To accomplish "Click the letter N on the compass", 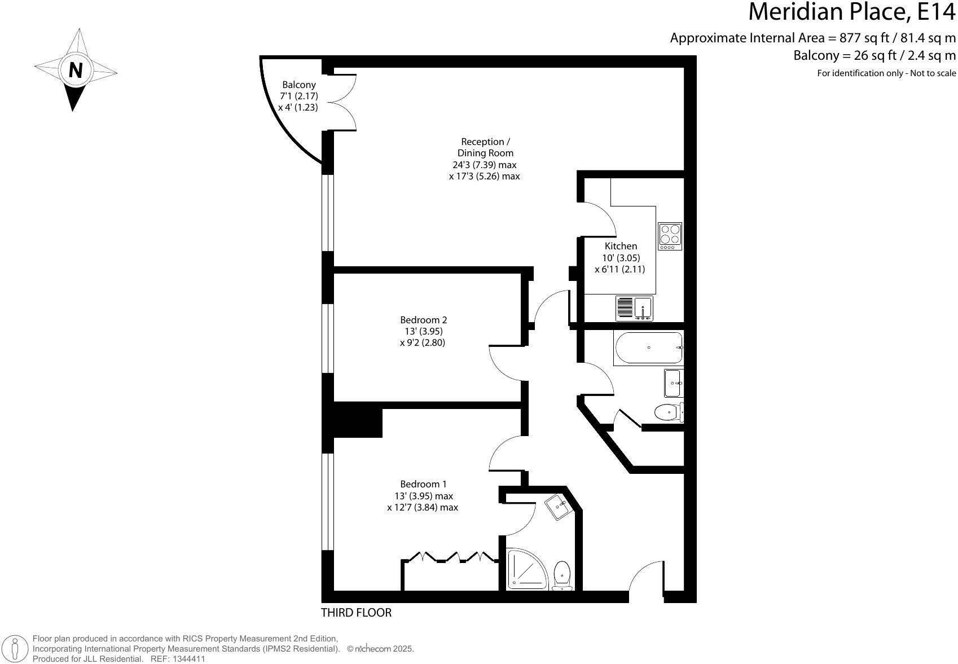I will (x=76, y=70).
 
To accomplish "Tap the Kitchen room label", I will (x=621, y=246).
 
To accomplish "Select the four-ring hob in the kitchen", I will (x=670, y=236).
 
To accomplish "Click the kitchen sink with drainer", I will (x=635, y=309).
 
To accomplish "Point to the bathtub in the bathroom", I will (x=648, y=348).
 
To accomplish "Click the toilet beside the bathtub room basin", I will (x=669, y=412).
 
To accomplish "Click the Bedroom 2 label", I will (x=423, y=319).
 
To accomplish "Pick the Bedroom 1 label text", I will (x=423, y=484).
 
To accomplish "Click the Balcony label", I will (x=299, y=85).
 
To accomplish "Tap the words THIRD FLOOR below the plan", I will (x=356, y=613).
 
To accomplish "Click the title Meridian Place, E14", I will (x=851, y=12).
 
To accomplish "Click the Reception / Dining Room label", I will (x=485, y=147).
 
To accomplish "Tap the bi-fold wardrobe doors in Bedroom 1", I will (x=450, y=557).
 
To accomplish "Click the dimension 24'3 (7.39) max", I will (x=484, y=165).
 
